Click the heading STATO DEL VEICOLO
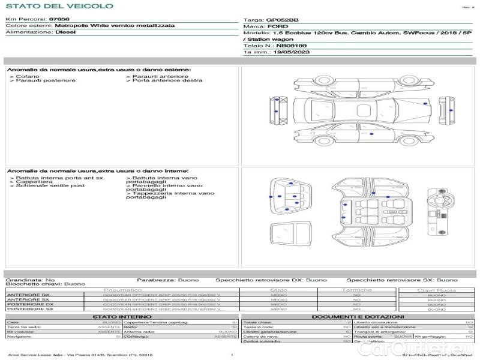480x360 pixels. pos(59,6)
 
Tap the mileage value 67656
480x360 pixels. pos(59,20)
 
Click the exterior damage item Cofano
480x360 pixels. pos(28,77)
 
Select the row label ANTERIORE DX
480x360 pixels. pos(28,295)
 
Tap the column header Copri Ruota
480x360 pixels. pos(436,290)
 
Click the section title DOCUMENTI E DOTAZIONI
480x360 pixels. pos(358,317)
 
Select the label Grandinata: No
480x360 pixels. pos(30,280)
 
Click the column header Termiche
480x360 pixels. pos(357,290)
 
